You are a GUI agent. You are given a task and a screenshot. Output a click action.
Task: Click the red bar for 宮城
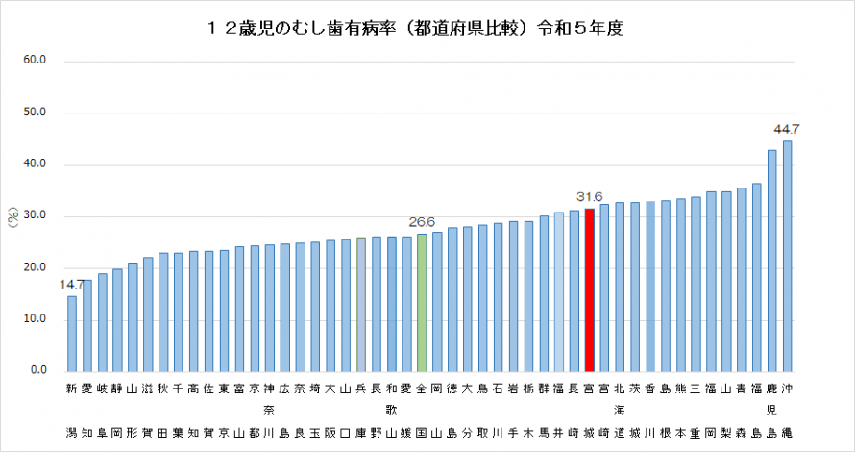click(x=590, y=289)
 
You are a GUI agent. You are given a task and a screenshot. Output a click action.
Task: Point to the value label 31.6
click(x=589, y=198)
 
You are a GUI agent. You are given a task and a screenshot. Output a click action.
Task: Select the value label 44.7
click(x=787, y=129)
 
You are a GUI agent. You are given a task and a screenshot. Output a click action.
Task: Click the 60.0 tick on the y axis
click(x=36, y=61)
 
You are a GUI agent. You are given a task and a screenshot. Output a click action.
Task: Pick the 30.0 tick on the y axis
click(x=36, y=216)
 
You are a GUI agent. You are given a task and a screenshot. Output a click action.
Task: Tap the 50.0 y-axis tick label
click(x=36, y=113)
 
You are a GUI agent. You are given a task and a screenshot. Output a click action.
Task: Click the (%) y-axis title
click(x=13, y=218)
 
